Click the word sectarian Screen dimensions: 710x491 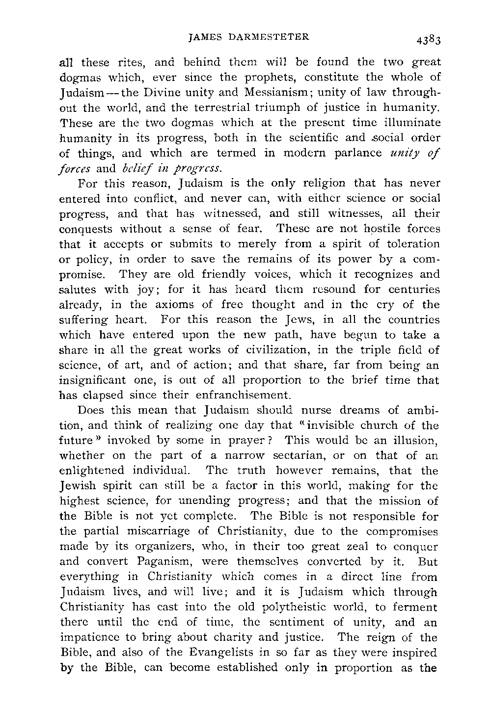point(297,455)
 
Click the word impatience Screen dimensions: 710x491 point(93,638)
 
